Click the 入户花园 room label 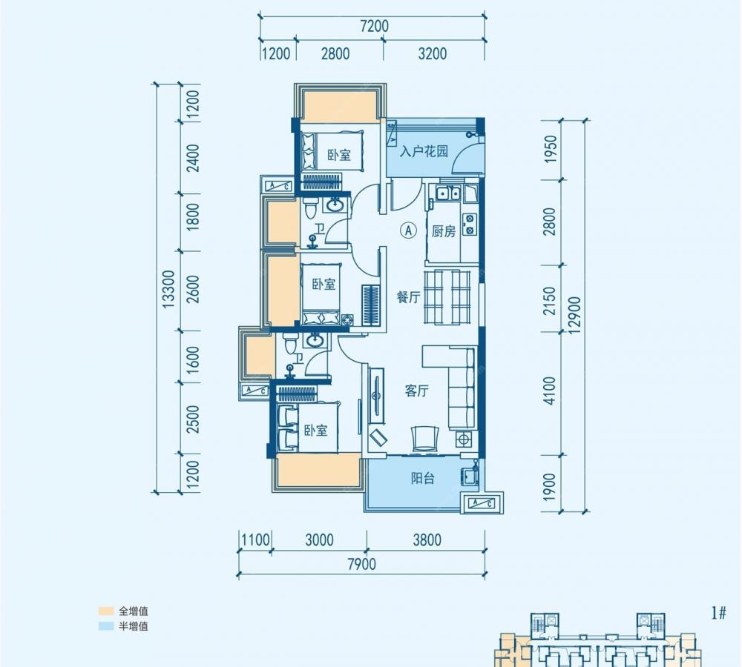click(424, 152)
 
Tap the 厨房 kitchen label click(444, 231)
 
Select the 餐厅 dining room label click(408, 297)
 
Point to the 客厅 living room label click(417, 391)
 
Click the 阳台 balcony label click(423, 478)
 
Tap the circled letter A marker click(408, 230)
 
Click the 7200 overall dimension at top click(374, 26)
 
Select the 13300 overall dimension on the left click(168, 289)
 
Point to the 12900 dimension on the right click(574, 315)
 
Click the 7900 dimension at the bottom click(361, 564)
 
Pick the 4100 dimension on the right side click(550, 391)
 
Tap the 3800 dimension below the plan click(427, 540)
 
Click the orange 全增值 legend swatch click(106, 611)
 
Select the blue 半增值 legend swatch click(106, 626)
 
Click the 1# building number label click(718, 614)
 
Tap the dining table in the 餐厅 click(447, 297)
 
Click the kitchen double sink click(447, 193)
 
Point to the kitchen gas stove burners click(470, 225)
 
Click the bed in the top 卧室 click(332, 150)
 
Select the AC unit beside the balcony click(482, 503)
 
